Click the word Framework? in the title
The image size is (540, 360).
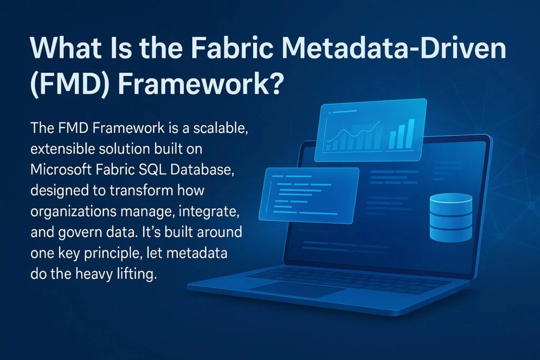[201, 84]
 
